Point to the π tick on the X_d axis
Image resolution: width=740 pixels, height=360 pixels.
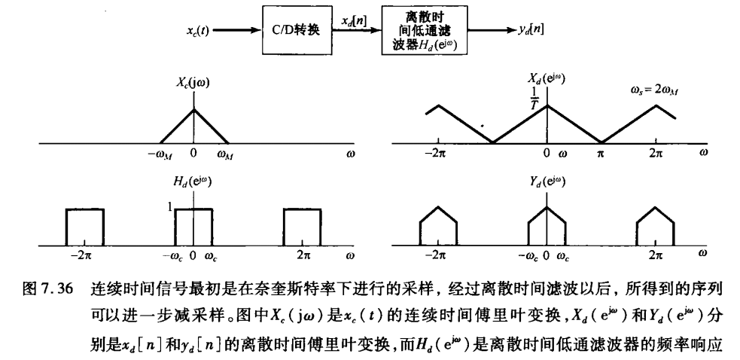coord(601,154)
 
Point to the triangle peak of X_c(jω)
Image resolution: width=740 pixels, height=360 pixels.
coord(194,108)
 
